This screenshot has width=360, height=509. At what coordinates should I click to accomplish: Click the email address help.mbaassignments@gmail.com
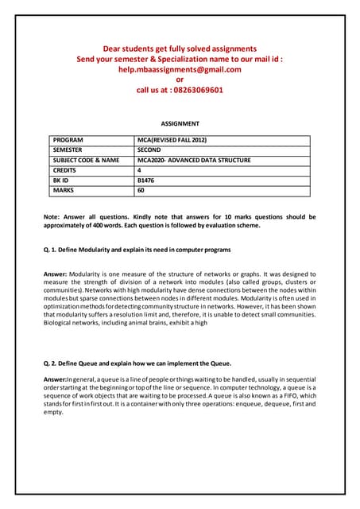[180, 69]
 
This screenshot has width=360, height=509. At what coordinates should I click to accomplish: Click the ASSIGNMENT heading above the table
[180, 124]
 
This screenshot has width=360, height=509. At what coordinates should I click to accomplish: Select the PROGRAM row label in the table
[69, 140]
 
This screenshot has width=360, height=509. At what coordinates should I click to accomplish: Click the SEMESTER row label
[69, 150]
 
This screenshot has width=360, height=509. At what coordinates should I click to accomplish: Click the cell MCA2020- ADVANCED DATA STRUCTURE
[194, 160]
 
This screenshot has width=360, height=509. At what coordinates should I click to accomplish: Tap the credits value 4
[140, 170]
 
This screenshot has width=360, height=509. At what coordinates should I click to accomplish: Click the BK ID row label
[61, 181]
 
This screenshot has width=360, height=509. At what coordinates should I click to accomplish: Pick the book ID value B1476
[147, 181]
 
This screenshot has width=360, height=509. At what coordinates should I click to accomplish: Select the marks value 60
[141, 191]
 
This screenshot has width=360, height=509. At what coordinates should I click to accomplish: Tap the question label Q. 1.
[51, 250]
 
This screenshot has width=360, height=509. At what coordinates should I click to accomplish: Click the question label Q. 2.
[51, 363]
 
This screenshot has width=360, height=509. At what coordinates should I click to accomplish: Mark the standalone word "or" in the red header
[180, 80]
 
